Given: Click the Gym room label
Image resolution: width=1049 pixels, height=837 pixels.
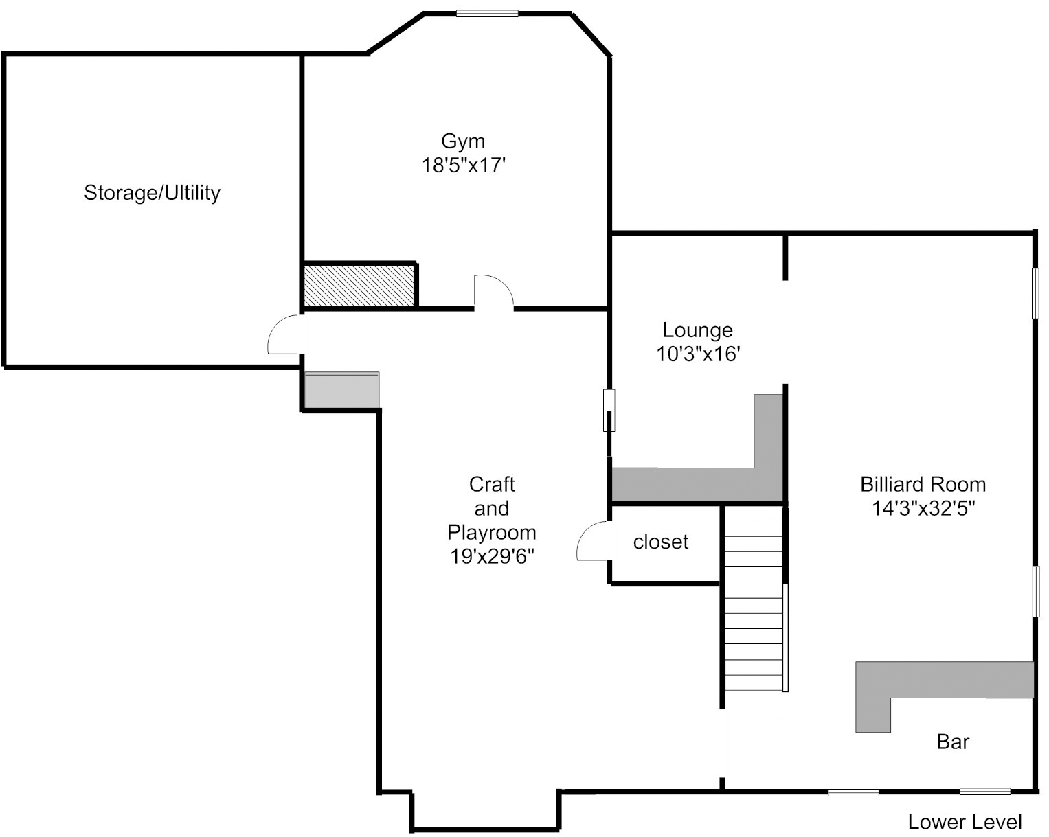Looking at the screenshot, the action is tap(462, 141).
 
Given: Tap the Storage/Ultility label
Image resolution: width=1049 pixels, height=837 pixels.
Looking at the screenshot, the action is tap(152, 193).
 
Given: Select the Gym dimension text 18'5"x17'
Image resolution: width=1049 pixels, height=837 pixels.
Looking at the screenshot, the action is tap(463, 165).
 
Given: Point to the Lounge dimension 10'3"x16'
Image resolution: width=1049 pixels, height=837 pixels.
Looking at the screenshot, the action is tap(698, 354).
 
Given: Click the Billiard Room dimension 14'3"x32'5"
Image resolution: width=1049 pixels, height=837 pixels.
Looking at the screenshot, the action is tap(923, 509).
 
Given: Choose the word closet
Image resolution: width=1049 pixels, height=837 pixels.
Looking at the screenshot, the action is tap(660, 542).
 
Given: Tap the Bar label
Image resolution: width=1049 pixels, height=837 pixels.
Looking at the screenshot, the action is tap(953, 742).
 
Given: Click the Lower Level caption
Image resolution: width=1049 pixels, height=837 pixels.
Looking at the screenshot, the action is tap(965, 823).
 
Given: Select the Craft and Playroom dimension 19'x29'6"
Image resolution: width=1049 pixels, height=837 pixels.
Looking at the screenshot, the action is tap(492, 556).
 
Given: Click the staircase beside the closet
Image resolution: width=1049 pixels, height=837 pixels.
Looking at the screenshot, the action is tap(754, 598).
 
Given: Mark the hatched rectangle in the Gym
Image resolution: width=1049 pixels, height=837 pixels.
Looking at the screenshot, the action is tap(359, 286).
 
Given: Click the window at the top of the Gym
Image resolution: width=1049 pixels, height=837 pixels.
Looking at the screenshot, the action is tap(487, 14).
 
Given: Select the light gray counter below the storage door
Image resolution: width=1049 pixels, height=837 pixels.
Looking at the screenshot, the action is tap(341, 390).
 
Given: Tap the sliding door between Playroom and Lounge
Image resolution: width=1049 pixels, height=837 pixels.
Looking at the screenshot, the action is tap(609, 410).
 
